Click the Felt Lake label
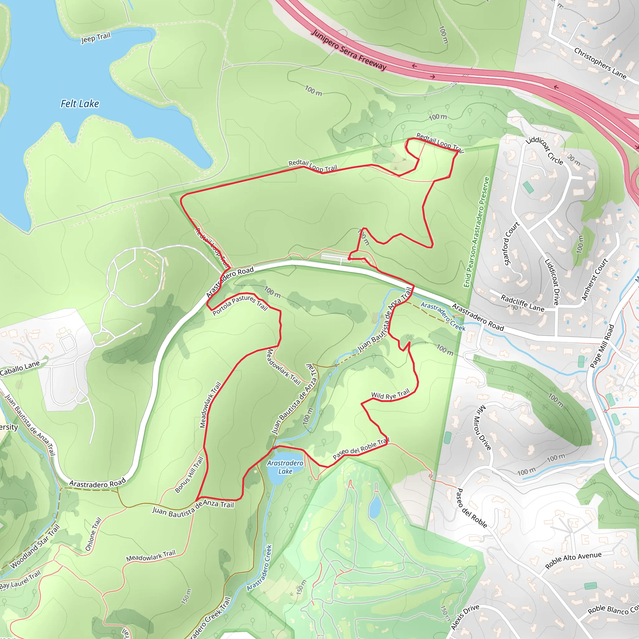(80, 104)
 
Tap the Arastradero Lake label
(285, 467)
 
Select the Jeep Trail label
(95, 38)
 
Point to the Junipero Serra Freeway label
(349, 50)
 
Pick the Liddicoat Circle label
(544, 151)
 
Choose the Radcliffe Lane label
(522, 303)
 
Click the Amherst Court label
(595, 280)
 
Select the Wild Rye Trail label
(390, 394)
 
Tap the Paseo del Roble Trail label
(361, 448)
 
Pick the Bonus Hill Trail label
(189, 475)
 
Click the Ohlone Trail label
(93, 534)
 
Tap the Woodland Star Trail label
(35, 546)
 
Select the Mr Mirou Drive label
(483, 427)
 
